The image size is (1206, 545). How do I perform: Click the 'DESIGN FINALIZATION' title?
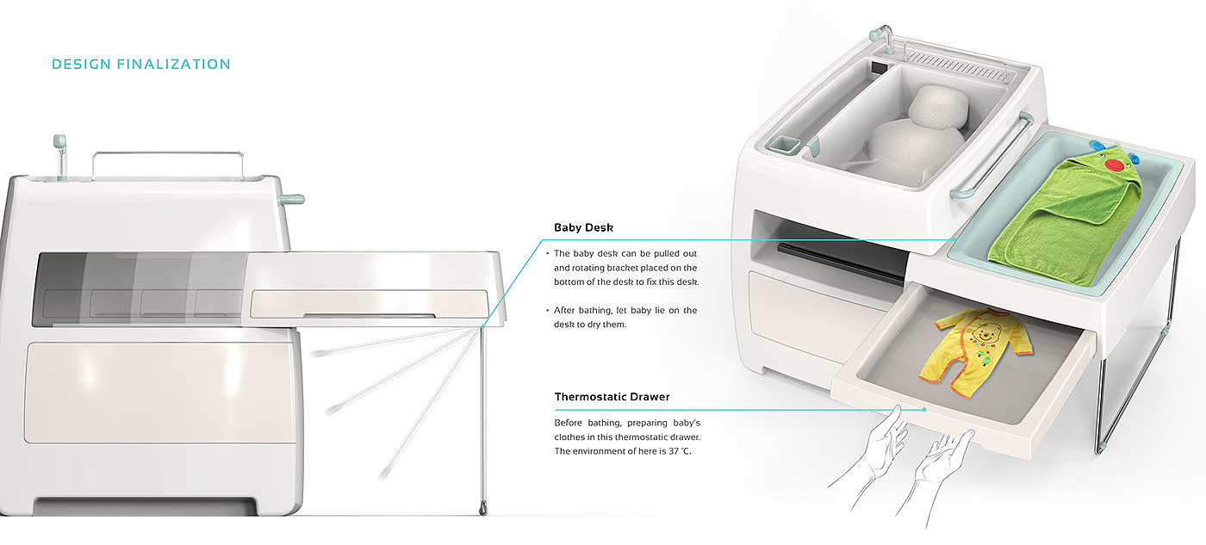141,65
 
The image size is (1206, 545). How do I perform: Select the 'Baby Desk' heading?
583,228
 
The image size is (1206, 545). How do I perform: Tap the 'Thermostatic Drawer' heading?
612,397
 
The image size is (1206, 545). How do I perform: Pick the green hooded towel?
1068,215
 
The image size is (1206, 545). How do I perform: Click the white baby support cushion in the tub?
913,129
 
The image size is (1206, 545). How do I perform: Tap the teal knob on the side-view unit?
292,200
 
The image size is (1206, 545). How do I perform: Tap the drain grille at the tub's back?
957,59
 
